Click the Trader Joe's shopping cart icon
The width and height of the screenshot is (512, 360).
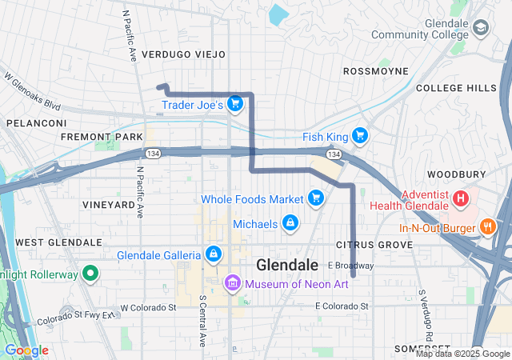[234, 103]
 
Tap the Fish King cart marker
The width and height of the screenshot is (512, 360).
[360, 136]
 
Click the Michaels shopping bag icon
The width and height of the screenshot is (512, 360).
[290, 223]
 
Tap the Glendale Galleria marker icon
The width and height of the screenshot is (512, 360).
[214, 255]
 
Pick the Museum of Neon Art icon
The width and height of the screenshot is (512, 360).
[232, 282]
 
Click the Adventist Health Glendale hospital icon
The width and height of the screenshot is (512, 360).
[461, 198]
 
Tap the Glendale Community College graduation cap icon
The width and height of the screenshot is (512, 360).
[480, 29]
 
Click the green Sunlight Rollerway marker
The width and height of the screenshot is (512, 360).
[90, 274]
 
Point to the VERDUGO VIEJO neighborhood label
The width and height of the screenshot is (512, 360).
[183, 54]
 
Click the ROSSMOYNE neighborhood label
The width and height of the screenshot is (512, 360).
[375, 71]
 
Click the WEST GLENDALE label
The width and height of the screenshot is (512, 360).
[58, 242]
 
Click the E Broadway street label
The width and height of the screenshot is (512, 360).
[350, 266]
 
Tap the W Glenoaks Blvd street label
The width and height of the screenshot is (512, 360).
[32, 92]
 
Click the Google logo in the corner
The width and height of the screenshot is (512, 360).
[26, 350]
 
